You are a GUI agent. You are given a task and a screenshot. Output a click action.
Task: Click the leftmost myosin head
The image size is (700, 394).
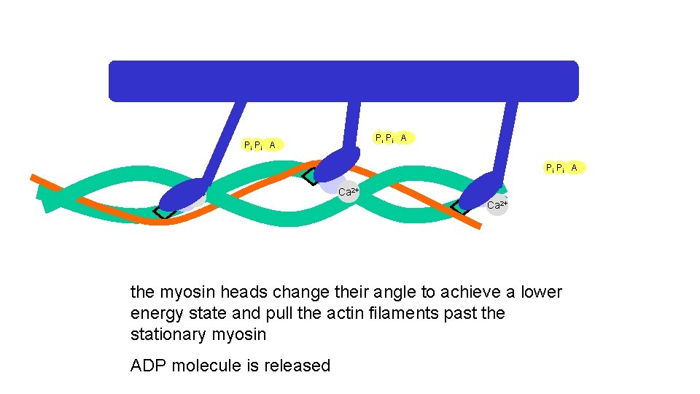tap(182, 196)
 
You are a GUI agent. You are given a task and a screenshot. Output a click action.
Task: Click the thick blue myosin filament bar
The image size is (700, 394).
tap(343, 80)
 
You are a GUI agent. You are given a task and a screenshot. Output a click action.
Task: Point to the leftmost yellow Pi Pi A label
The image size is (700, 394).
tap(261, 145)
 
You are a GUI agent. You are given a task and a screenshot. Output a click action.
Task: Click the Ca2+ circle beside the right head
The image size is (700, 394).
tap(497, 204)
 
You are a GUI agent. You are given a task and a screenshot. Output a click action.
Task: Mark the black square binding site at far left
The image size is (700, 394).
tap(164, 212)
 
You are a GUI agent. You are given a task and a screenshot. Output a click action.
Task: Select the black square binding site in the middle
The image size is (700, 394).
tap(309, 175)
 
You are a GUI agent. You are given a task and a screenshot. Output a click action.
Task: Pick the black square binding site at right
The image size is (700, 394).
tap(460, 206)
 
